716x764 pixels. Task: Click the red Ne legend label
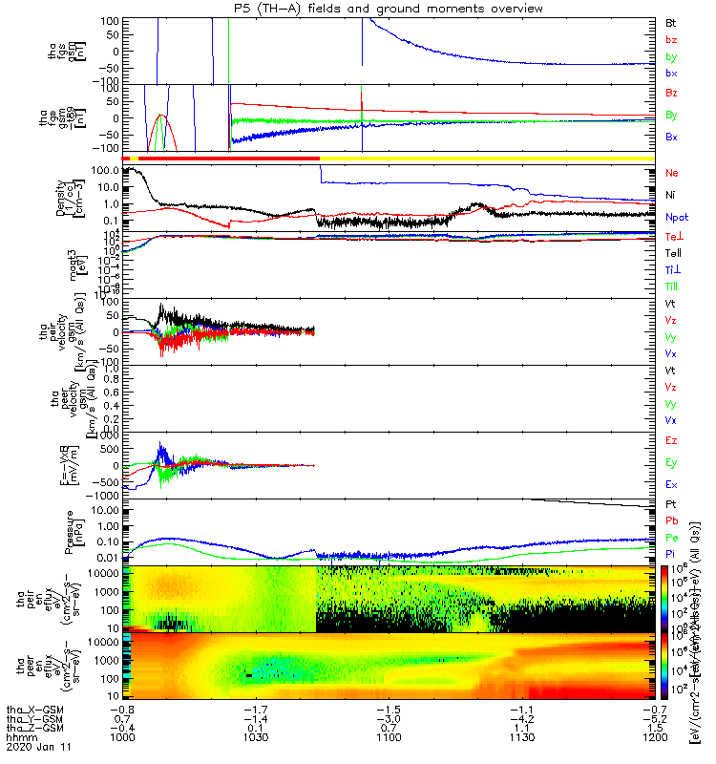point(672,173)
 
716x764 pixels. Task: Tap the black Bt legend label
point(671,21)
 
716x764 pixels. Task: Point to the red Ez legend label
point(671,440)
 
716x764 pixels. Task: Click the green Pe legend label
point(671,538)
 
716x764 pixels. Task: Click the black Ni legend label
point(671,195)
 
